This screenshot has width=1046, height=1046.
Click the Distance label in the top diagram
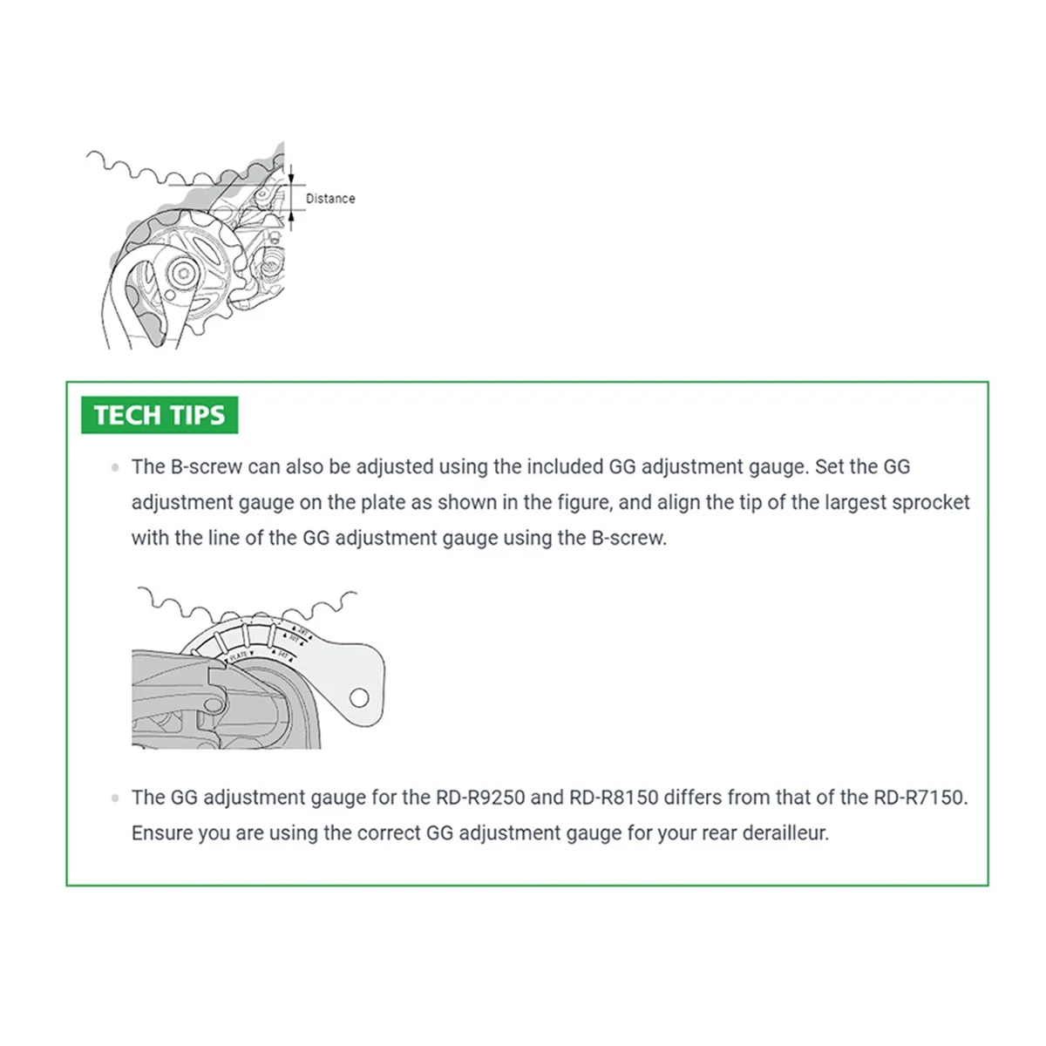click(x=330, y=199)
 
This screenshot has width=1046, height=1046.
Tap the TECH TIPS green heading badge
click(x=160, y=415)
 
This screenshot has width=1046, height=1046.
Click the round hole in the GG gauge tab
click(x=359, y=697)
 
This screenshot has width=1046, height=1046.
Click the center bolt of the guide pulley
click(x=185, y=273)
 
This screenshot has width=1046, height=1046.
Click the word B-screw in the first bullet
click(x=206, y=466)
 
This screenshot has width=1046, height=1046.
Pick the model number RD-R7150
click(x=920, y=797)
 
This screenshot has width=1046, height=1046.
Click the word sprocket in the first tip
click(x=933, y=502)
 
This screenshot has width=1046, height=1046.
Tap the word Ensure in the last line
click(x=162, y=832)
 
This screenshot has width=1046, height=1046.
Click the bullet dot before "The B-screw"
click(x=115, y=467)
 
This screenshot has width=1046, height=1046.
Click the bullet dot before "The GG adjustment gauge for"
click(x=115, y=798)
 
